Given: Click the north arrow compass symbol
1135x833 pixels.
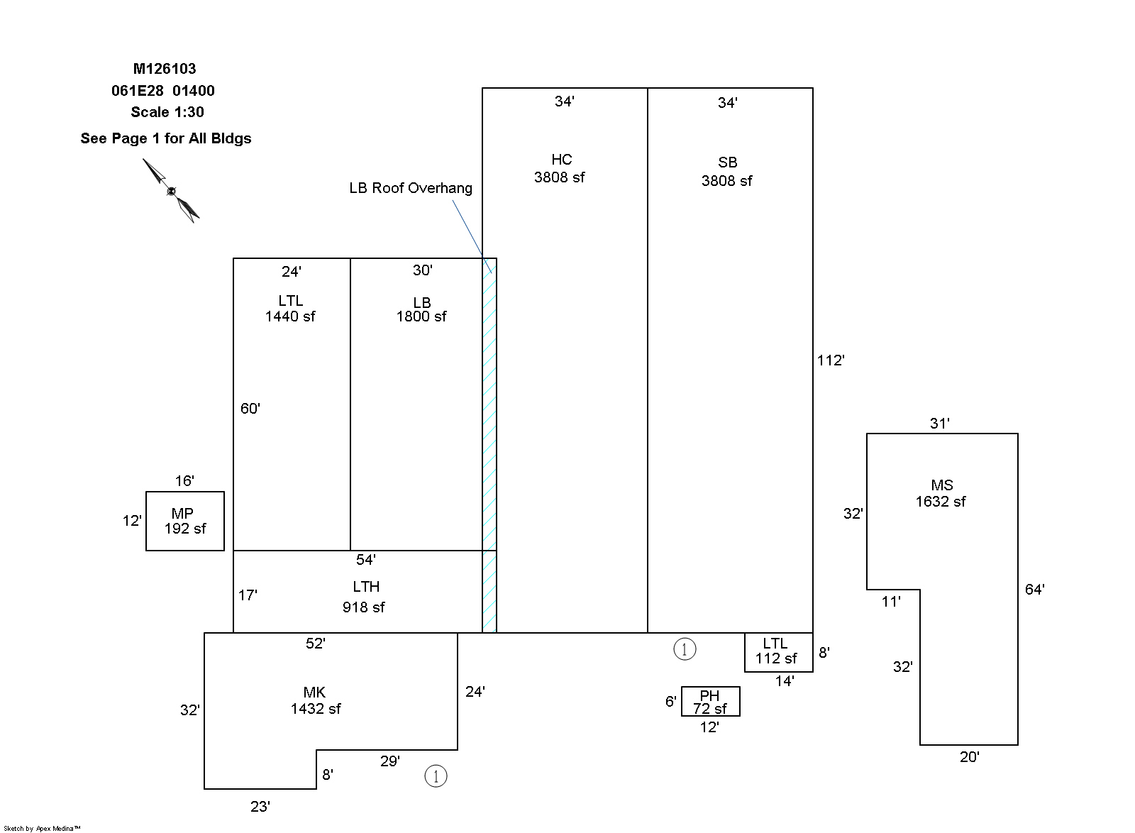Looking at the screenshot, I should [171, 190].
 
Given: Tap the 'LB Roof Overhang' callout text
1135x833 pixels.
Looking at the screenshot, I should [410, 188].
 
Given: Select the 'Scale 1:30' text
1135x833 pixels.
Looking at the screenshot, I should [167, 112].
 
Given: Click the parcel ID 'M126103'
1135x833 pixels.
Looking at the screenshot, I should [165, 69].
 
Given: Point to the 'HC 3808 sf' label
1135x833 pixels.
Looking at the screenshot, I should [560, 169].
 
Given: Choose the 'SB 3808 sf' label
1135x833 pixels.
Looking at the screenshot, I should [726, 172].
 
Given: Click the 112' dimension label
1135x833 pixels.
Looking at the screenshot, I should [830, 360].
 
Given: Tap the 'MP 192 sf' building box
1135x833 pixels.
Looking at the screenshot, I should [184, 521].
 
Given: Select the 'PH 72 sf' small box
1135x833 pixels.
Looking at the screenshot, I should [710, 702].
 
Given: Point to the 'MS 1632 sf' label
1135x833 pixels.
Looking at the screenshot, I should [941, 494].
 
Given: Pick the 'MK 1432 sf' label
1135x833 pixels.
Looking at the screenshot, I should [315, 700].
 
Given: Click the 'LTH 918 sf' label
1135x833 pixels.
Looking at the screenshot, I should [365, 597].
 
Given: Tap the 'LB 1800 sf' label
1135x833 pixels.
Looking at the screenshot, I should [421, 309].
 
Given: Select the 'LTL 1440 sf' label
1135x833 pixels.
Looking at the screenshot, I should [290, 309].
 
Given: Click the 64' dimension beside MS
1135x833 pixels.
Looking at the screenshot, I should [1034, 589].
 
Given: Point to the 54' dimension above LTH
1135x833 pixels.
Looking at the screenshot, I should [365, 560].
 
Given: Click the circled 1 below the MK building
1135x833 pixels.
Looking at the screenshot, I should [436, 776].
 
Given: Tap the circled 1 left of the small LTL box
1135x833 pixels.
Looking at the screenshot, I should [685, 649].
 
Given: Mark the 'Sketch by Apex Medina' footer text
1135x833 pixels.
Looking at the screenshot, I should [42, 828].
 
